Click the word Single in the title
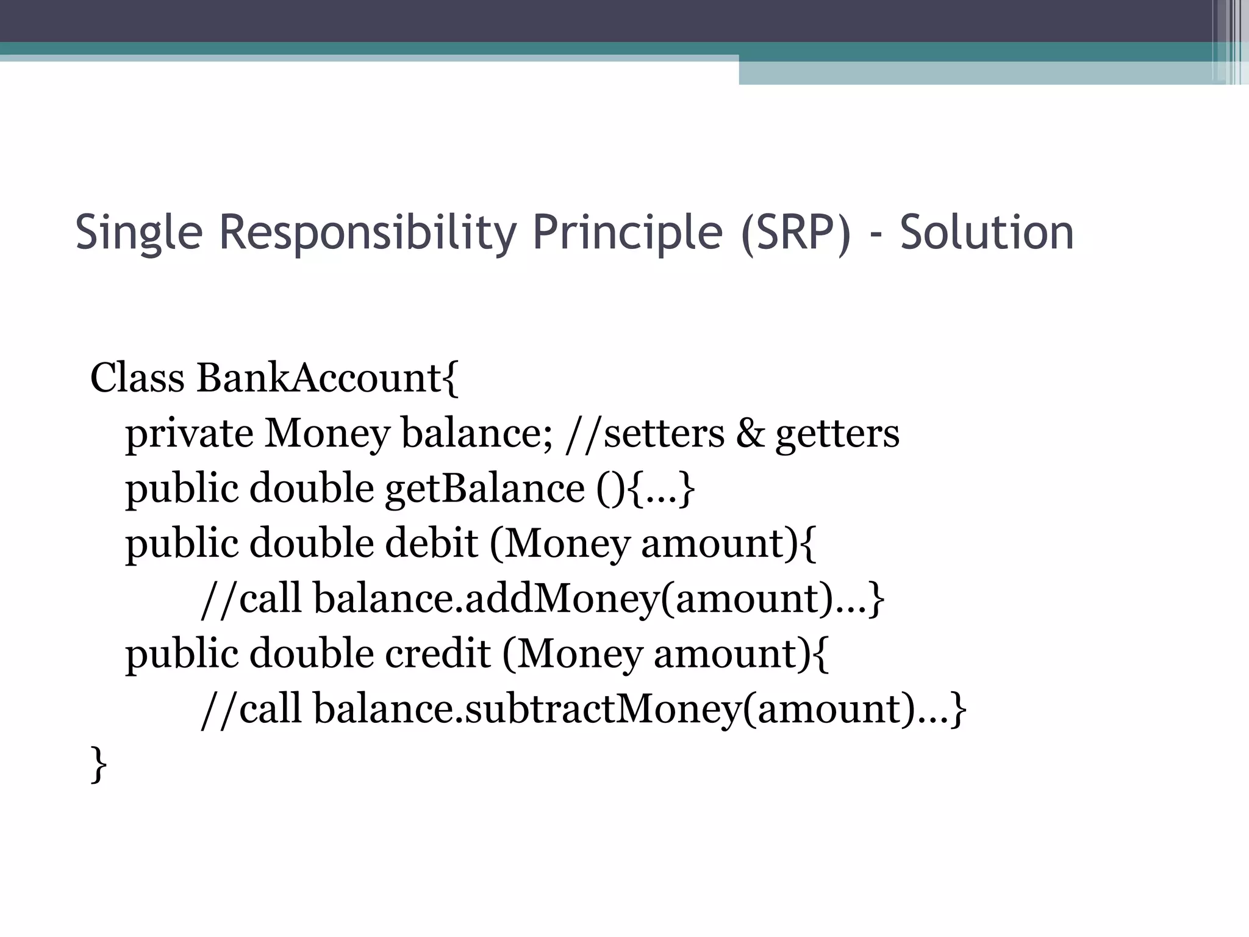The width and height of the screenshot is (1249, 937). pos(138,232)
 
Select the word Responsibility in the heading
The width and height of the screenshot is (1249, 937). pos(367,232)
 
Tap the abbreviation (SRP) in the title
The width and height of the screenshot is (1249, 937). pos(795,232)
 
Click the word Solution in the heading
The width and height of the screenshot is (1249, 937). pos(986,232)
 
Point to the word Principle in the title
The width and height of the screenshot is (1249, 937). pos(628,232)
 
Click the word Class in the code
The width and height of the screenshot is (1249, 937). pos(137,378)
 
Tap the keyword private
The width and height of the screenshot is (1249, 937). pos(189,434)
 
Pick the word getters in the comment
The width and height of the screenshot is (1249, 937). pos(837,434)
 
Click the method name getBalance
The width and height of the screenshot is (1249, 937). pos(485,489)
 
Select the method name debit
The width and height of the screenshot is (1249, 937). pos(431,543)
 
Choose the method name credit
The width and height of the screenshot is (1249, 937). pos(437,653)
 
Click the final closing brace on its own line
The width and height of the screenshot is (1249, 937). pos(98,764)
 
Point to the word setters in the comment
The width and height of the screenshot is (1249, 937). pos(664,434)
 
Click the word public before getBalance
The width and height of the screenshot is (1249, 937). pos(182,489)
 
